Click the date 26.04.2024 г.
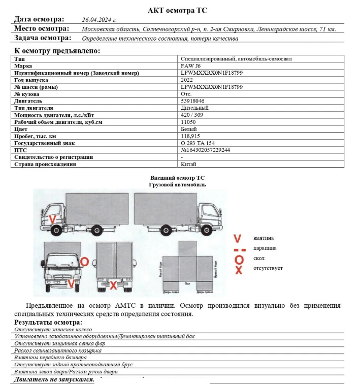pyautogui.click(x=99, y=20)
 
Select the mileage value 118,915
pyautogui.click(x=190, y=137)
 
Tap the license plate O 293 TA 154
pyautogui.click(x=198, y=143)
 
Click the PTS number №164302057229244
pyautogui.click(x=205, y=150)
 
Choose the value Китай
pyautogui.click(x=188, y=164)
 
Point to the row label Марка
pyautogui.click(x=23, y=66)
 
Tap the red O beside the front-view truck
pyautogui.click(x=85, y=261)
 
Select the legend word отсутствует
pyautogui.click(x=268, y=268)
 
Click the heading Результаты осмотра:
pyautogui.click(x=48, y=323)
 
